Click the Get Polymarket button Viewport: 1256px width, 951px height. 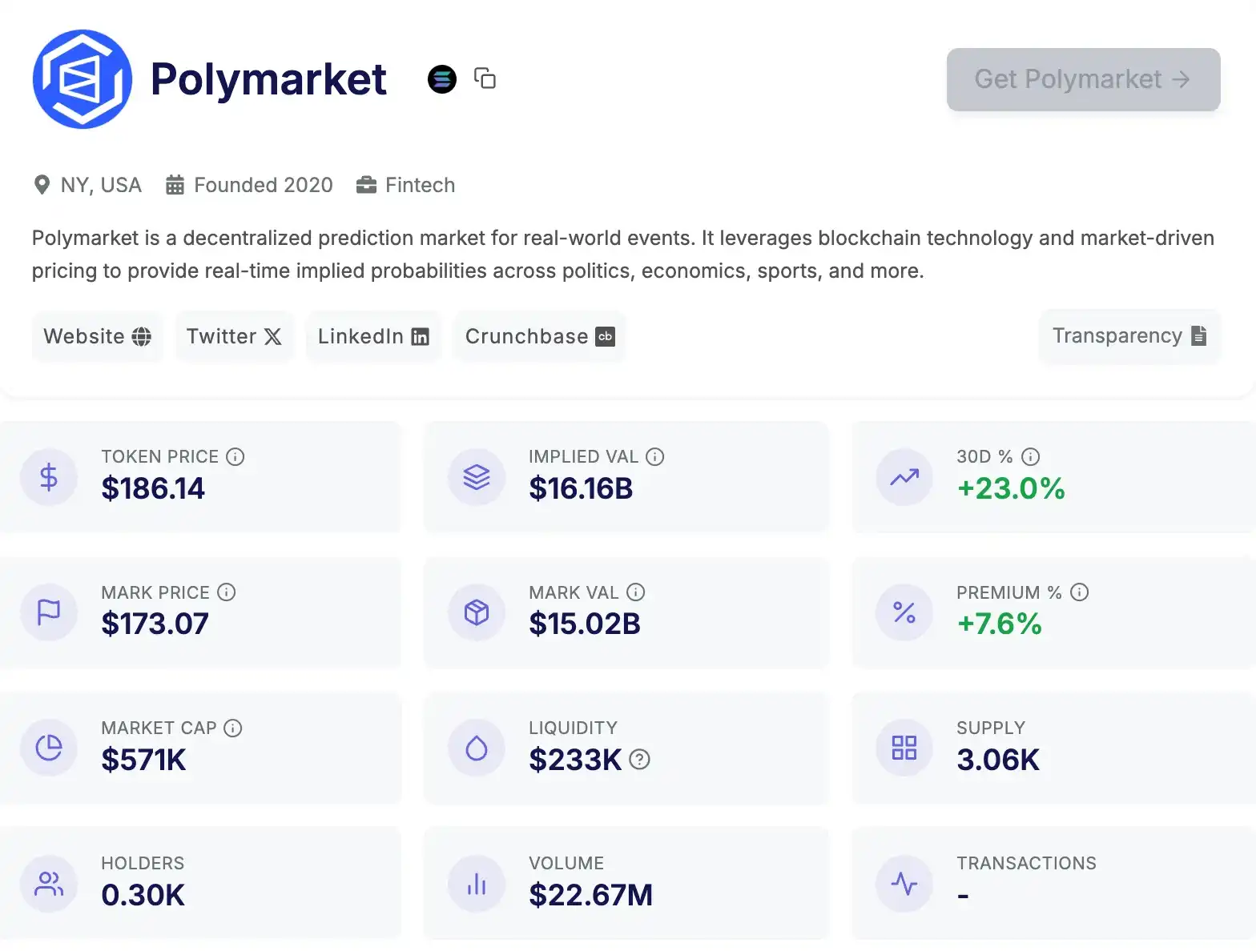(x=1083, y=79)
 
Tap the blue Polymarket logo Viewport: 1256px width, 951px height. (x=83, y=79)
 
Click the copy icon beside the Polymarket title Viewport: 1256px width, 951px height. (x=485, y=78)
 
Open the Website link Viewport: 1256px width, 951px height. (x=97, y=336)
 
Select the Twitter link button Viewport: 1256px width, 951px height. (x=234, y=336)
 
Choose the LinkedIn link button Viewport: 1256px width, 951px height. (x=373, y=336)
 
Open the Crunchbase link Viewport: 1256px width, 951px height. (x=539, y=336)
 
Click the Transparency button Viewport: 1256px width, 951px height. (x=1129, y=336)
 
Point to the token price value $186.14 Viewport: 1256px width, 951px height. (x=153, y=488)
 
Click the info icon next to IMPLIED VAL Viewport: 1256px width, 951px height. (x=655, y=457)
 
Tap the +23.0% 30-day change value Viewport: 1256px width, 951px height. (x=1011, y=488)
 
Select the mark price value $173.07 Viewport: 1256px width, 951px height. (x=155, y=624)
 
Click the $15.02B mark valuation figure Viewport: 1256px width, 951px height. (x=585, y=624)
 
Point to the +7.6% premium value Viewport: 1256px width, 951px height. (x=1000, y=624)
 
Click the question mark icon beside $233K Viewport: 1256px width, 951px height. (x=639, y=760)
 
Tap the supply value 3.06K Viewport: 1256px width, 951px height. (x=998, y=760)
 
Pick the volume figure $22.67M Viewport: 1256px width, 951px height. (x=590, y=895)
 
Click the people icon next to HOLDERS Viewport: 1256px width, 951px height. (x=49, y=884)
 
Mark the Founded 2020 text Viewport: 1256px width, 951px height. (x=263, y=185)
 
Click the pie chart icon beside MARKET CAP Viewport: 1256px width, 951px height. (x=49, y=748)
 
